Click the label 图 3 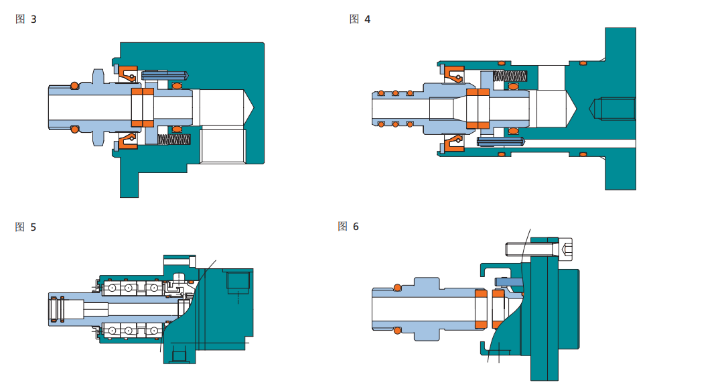click(26, 19)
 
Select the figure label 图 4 click(360, 19)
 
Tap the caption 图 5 click(26, 227)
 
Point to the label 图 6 click(348, 226)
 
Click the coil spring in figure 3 click(175, 139)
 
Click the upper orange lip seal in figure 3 click(128, 72)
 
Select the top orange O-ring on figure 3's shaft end click(74, 85)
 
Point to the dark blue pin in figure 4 click(500, 142)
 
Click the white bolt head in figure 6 click(567, 250)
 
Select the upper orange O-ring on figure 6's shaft click(397, 288)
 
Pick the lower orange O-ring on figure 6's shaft click(397, 329)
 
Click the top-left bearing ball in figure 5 click(111, 288)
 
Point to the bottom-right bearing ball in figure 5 click(154, 331)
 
